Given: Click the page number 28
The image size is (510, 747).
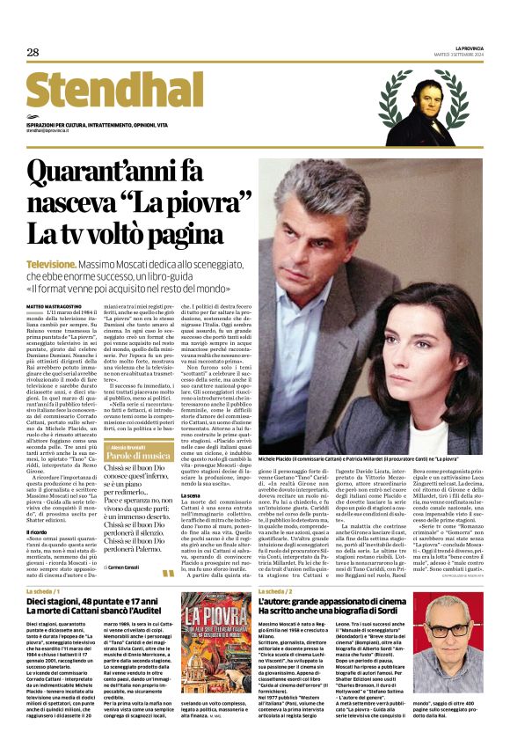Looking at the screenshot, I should click(x=33, y=53).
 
